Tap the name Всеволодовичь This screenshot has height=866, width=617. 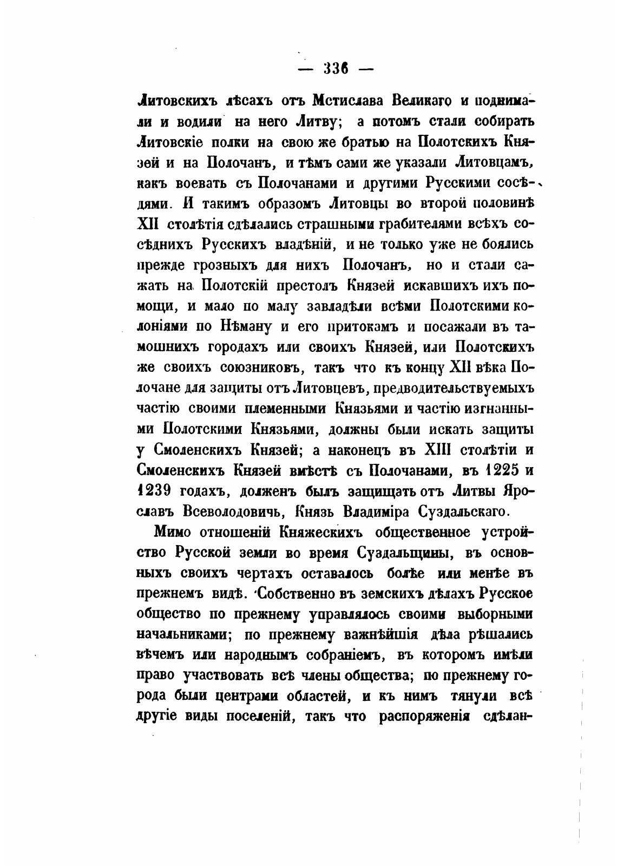click(229, 511)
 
